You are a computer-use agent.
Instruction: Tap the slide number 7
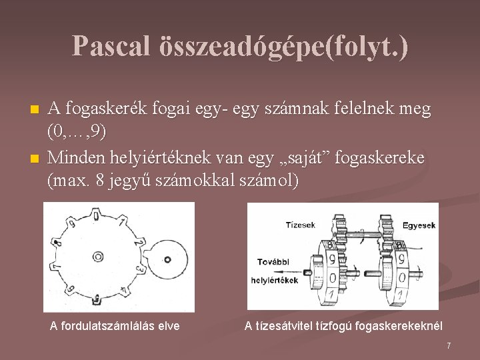[449, 345]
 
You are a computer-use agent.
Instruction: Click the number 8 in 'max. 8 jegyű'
[100, 181]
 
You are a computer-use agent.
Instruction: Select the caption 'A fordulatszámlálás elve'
[115, 326]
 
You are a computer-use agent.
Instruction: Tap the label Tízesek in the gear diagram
[300, 225]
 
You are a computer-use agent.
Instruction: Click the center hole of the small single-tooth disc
[167, 259]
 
